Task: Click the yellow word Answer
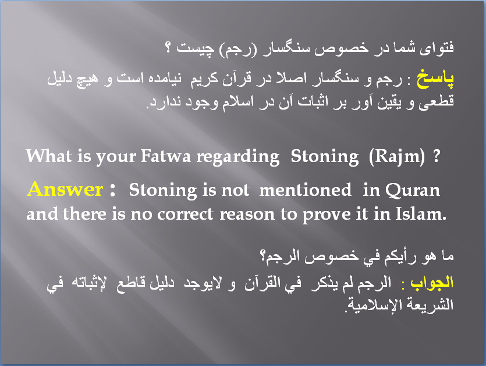tap(65, 189)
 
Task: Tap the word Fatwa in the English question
tap(165, 156)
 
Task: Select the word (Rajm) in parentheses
tap(397, 156)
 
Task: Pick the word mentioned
tap(306, 189)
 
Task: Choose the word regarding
tap(238, 157)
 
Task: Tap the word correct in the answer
tap(185, 214)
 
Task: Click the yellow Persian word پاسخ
tap(435, 79)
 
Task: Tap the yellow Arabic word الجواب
tap(432, 283)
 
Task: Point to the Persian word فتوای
tap(437, 48)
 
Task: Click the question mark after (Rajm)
tap(437, 156)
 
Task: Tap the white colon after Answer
tap(113, 189)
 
